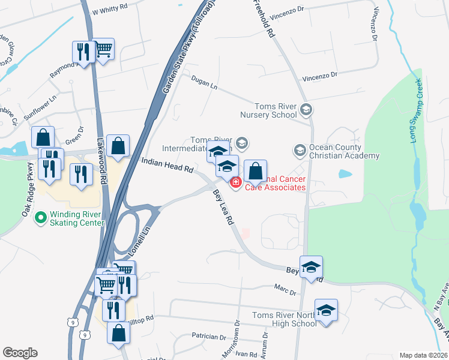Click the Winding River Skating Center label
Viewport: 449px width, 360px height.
click(77, 218)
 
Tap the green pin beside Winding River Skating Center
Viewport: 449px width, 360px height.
click(41, 217)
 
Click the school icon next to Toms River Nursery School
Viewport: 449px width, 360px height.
click(306, 109)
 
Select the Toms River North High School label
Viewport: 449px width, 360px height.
click(284, 319)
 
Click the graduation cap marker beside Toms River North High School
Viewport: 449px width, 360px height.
click(326, 310)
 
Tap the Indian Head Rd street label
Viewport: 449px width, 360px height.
click(167, 165)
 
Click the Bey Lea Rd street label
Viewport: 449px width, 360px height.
click(223, 207)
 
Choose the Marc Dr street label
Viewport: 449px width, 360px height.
click(285, 290)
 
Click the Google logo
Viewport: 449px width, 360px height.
click(20, 353)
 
